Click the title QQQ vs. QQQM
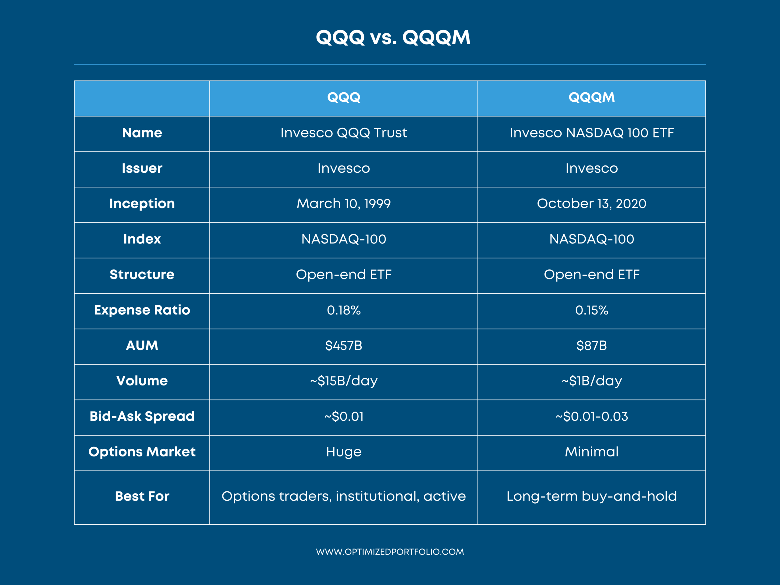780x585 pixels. pos(393,37)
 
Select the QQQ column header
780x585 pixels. pos(344,97)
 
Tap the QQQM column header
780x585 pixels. pos(592,97)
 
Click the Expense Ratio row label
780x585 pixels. pos(142,310)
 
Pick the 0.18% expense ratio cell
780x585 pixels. pos(344,310)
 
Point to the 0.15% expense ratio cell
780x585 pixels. pos(592,310)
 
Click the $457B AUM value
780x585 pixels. pos(344,346)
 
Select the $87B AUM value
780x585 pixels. pos(592,346)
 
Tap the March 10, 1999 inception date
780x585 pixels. pos(344,204)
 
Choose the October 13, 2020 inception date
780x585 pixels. pos(592,204)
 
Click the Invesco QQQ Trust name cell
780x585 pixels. pos(344,133)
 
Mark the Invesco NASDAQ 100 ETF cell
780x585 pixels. pos(592,133)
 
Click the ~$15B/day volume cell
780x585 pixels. pos(344,381)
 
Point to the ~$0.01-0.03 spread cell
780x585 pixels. pos(592,417)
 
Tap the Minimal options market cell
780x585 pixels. pos(592,452)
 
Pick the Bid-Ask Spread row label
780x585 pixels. pos(142,417)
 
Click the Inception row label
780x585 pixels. pos(142,204)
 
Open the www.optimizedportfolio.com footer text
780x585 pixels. pos(390,552)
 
